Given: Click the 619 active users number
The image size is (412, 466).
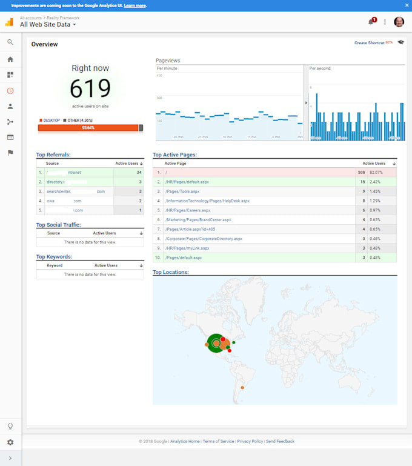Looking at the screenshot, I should (x=90, y=88).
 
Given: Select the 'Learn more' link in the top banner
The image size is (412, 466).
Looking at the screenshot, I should (x=135, y=5).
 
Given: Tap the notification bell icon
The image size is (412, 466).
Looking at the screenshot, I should (x=371, y=22).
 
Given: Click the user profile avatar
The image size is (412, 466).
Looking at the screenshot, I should (x=399, y=22).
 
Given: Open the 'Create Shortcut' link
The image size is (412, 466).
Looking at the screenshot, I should (x=369, y=43).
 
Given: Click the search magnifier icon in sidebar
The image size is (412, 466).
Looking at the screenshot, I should (x=10, y=42).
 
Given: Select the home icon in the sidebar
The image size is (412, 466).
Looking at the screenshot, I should (x=10, y=59).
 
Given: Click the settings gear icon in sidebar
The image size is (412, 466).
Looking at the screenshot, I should (x=10, y=442).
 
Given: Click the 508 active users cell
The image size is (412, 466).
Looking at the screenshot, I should (x=361, y=173).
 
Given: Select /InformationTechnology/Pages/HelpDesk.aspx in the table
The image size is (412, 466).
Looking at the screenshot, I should (x=207, y=201).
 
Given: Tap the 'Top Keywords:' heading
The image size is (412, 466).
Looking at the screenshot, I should (x=54, y=257).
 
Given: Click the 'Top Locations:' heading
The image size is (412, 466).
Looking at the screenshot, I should (x=170, y=272).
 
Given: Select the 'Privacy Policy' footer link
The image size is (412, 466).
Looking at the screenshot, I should (x=250, y=442).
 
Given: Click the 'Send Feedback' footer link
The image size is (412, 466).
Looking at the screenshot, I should (x=280, y=442).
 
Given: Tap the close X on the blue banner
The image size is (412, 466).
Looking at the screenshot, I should (x=407, y=5).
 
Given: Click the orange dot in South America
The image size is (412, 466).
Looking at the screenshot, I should (x=242, y=387).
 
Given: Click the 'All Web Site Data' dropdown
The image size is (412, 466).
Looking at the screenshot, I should (x=48, y=25).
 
